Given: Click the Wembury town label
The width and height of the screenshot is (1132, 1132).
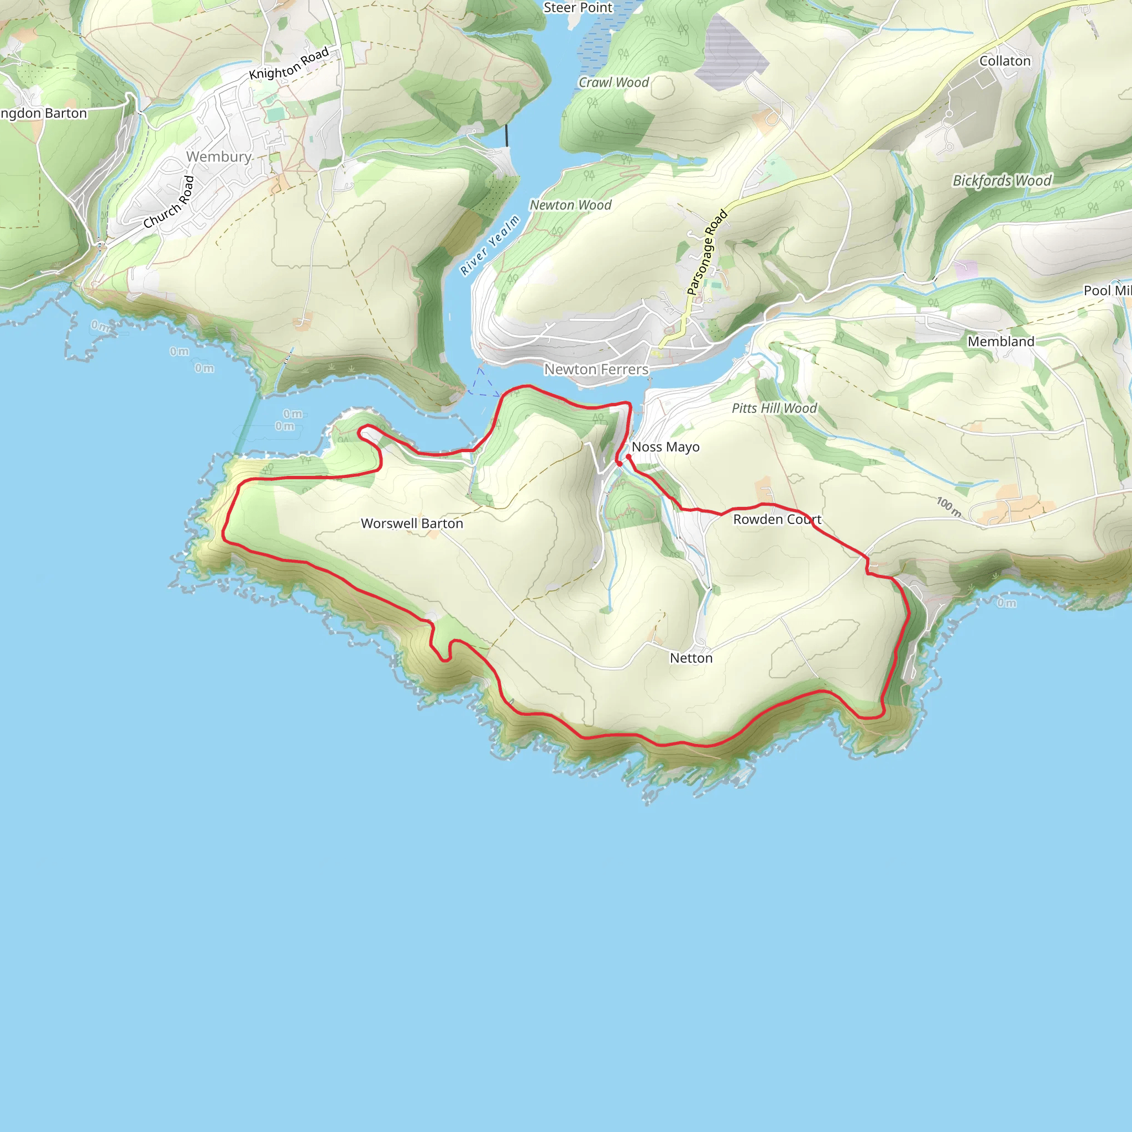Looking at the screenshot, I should coord(218,156).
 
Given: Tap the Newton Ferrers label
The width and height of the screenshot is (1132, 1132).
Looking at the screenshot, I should coord(596,369).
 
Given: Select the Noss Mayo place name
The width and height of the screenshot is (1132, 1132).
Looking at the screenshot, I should coord(665,447).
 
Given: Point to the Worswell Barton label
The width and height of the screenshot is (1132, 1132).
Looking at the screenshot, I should coord(411,523).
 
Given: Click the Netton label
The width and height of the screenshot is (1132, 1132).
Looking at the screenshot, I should coord(691,658).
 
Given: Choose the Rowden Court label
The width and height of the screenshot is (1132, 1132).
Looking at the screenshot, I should coord(777,519).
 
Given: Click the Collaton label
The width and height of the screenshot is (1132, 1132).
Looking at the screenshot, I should coord(1004,61).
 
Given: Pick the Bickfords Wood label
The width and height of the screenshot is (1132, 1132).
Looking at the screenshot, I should coord(1002,180).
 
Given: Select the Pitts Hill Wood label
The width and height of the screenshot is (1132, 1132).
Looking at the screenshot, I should coord(773,408).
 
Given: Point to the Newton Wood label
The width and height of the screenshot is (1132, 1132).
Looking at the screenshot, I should coord(570,205).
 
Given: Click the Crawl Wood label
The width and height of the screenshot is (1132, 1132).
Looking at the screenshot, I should coord(614,82).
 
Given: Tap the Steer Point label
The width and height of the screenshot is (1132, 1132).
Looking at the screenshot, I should coord(577,8).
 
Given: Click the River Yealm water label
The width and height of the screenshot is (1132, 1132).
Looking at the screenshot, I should coord(490,245).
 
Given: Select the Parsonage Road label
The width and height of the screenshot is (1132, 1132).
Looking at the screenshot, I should coord(706,252).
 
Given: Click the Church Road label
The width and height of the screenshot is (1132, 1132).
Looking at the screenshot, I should coord(169,202).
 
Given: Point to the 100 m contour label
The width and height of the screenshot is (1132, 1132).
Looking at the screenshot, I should coord(948,507).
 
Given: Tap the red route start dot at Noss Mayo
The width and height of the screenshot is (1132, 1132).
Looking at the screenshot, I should coord(628,457).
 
